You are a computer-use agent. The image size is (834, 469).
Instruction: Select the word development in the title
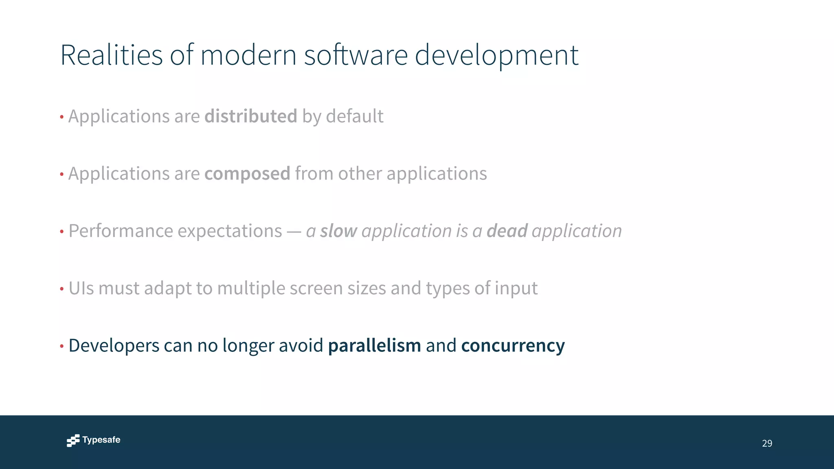coord(496,56)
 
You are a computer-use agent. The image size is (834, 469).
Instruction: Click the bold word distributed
coord(250,116)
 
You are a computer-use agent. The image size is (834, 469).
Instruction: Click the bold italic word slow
coord(338,231)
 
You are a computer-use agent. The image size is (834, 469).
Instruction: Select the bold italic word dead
coord(507,231)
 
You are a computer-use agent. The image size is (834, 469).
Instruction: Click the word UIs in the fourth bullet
coord(81,288)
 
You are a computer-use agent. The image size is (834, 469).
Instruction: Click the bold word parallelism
coord(374,346)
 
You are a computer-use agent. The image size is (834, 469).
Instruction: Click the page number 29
coord(767,443)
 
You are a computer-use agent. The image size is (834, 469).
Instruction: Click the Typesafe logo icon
coord(73,441)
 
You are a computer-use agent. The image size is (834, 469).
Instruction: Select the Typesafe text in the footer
coord(101,440)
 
